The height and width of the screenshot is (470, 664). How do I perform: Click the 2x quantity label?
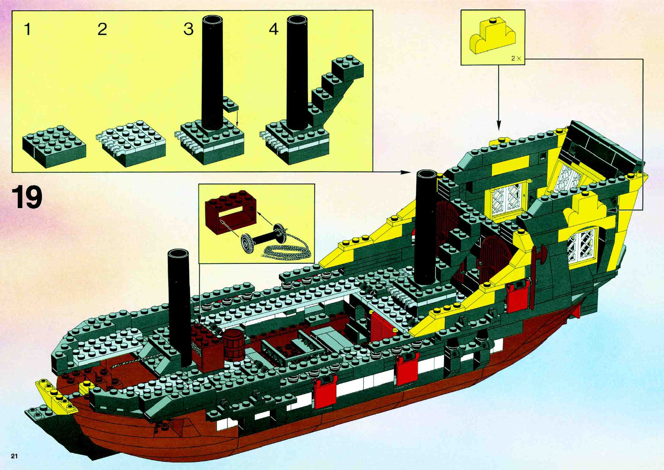(516, 58)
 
